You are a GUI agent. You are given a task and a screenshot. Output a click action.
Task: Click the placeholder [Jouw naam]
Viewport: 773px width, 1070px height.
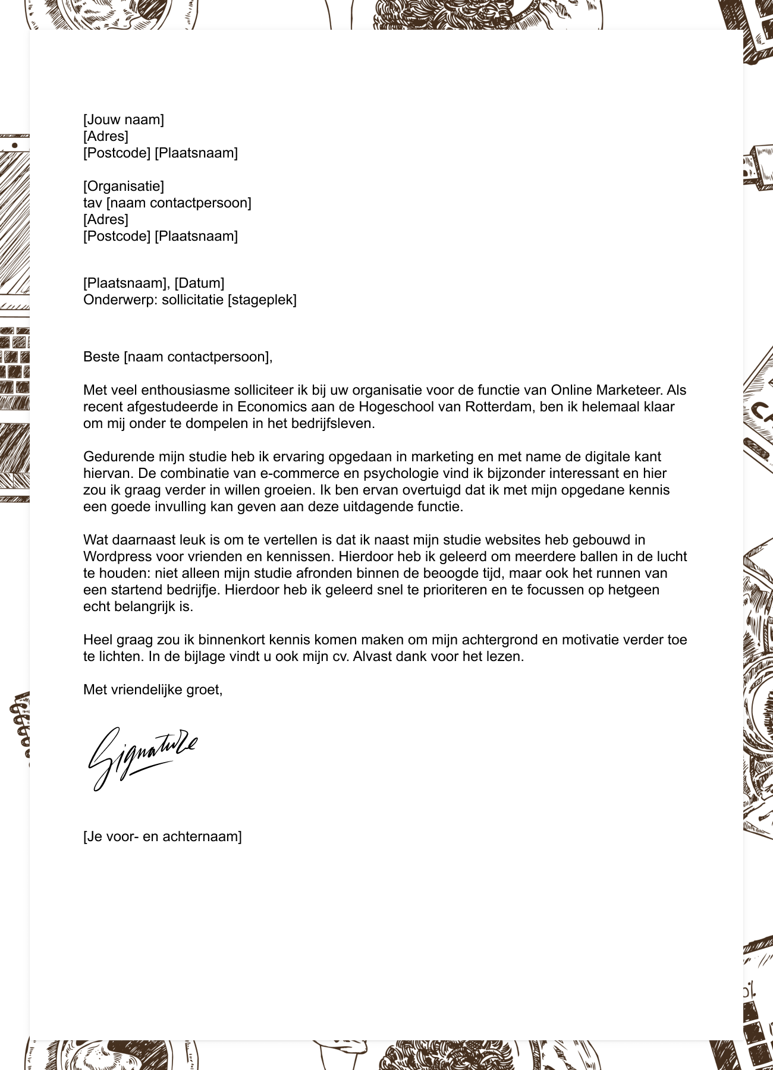[x=123, y=119]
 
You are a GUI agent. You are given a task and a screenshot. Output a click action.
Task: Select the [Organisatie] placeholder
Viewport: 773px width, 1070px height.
[x=123, y=186]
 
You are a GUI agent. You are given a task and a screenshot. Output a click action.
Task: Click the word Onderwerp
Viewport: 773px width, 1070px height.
[x=119, y=300]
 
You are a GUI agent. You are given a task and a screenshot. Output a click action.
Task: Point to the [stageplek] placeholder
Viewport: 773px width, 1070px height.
[x=262, y=300]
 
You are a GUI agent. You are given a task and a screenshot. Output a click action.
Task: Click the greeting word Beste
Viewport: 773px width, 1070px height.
[x=101, y=357]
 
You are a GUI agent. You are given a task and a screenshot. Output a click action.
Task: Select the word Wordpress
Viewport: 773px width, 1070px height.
[x=117, y=557]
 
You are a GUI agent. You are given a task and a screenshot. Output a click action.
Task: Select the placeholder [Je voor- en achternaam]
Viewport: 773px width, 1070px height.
[x=162, y=837]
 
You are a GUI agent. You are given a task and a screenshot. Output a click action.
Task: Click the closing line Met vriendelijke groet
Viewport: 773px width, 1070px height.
[x=153, y=690]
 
